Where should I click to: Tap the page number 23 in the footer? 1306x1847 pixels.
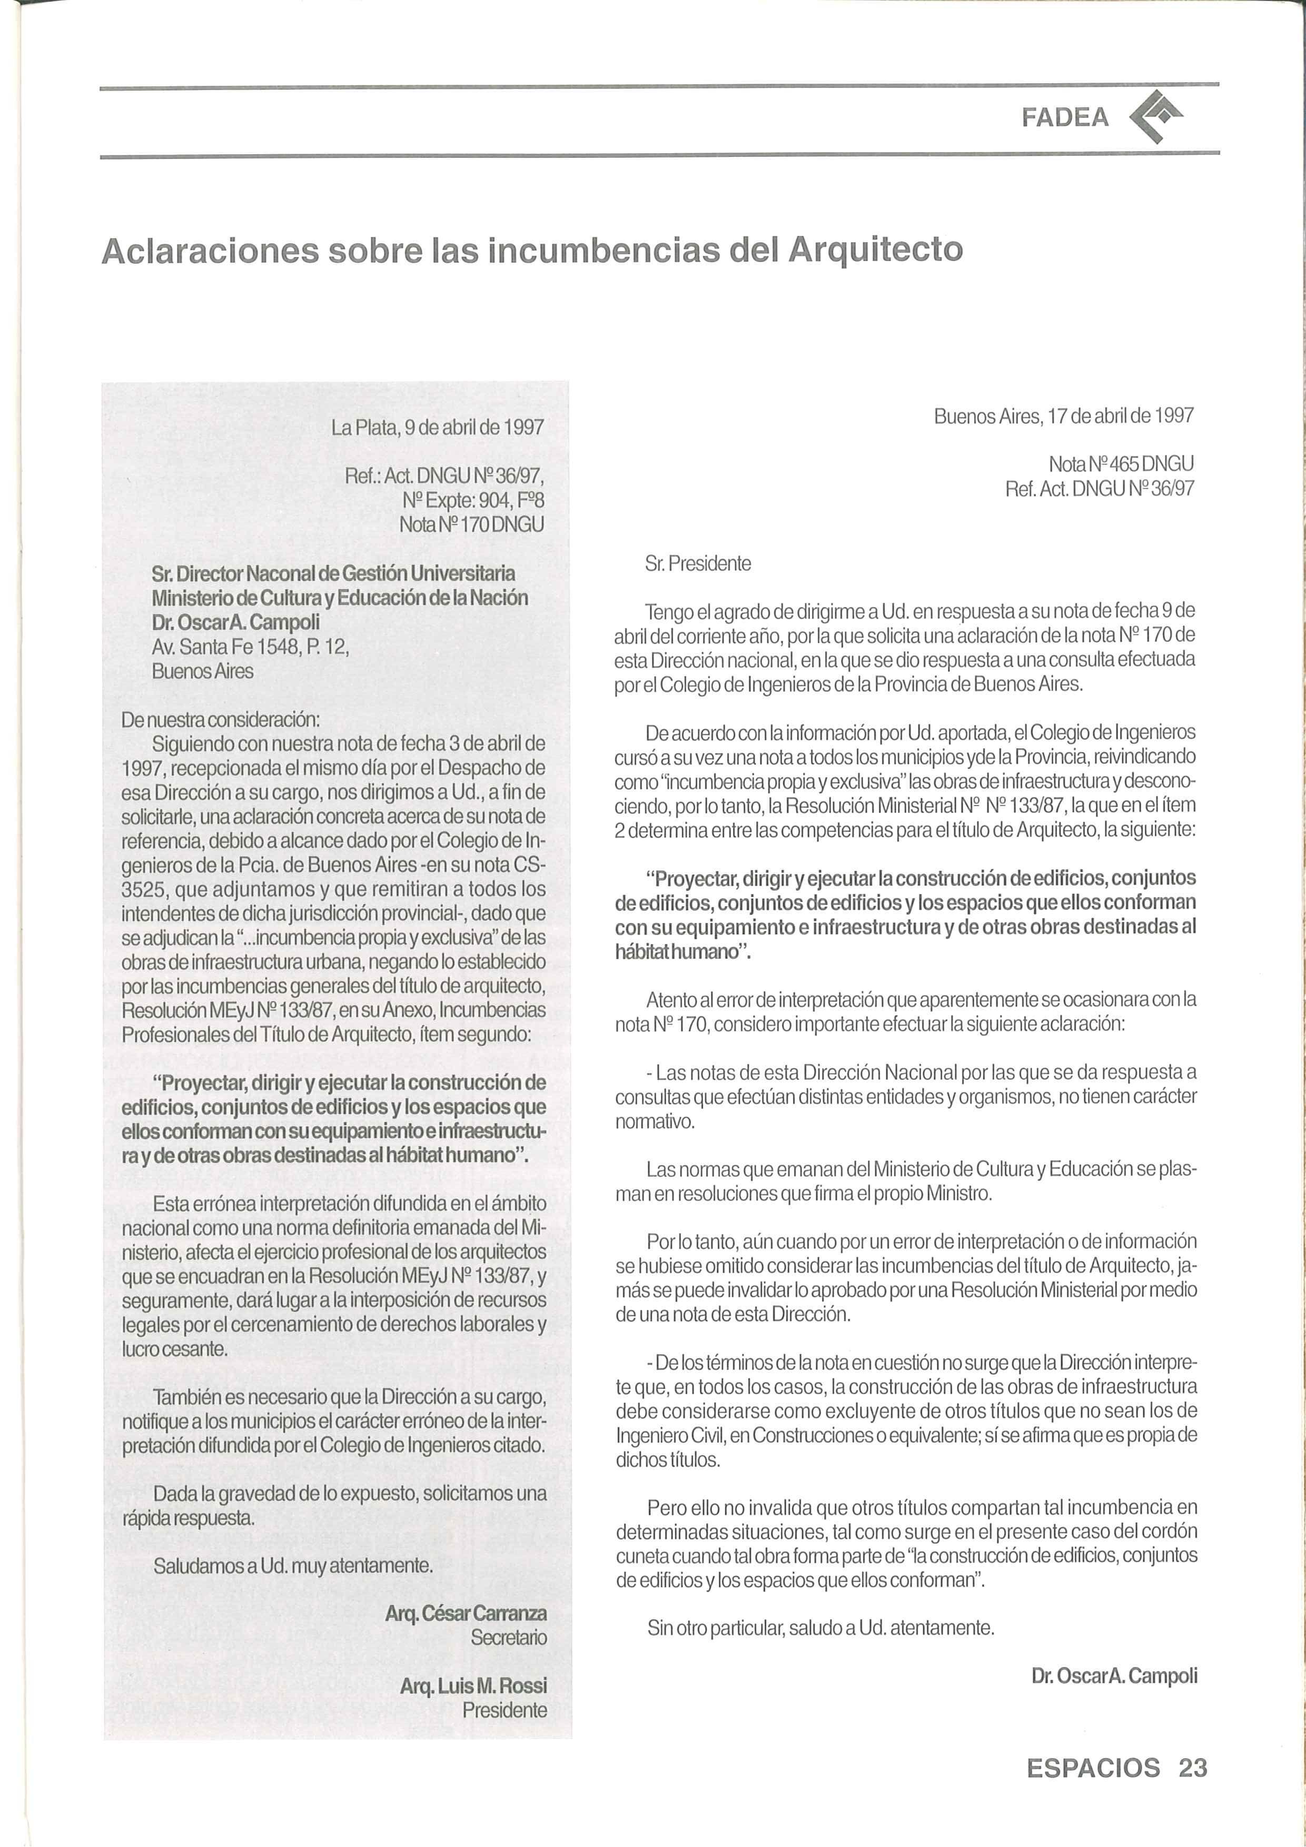1193,1767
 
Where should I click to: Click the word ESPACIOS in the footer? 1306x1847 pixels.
1093,1767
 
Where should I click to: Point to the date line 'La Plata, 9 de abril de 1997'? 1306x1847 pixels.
438,427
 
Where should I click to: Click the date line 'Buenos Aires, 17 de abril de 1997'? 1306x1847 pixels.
1063,416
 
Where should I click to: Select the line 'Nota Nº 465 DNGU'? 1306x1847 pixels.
1120,464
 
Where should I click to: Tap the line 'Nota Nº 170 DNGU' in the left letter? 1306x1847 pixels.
471,524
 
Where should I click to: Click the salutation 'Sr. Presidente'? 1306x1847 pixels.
698,564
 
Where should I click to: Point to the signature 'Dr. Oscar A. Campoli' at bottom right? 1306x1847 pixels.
1114,1676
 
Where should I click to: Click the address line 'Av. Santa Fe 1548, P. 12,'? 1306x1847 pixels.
250,647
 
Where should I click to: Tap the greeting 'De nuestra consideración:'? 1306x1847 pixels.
221,718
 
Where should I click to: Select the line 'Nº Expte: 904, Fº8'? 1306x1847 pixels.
473,500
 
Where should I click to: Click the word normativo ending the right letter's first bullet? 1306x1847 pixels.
654,1120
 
